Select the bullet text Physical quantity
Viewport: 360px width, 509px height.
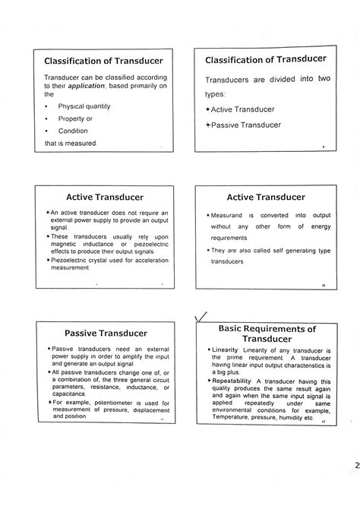pyautogui.click(x=87, y=107)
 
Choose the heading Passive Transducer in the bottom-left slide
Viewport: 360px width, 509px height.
pyautogui.click(x=100, y=332)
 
